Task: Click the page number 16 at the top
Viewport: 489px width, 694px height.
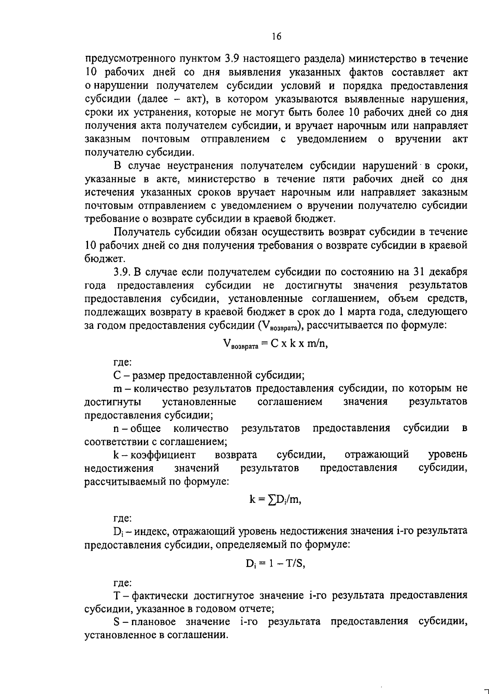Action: pyautogui.click(x=276, y=37)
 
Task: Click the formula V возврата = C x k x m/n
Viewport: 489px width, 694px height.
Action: pyautogui.click(x=275, y=344)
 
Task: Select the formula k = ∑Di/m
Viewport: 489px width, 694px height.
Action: pyautogui.click(x=275, y=500)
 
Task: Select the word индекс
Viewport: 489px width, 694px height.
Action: pyautogui.click(x=149, y=531)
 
